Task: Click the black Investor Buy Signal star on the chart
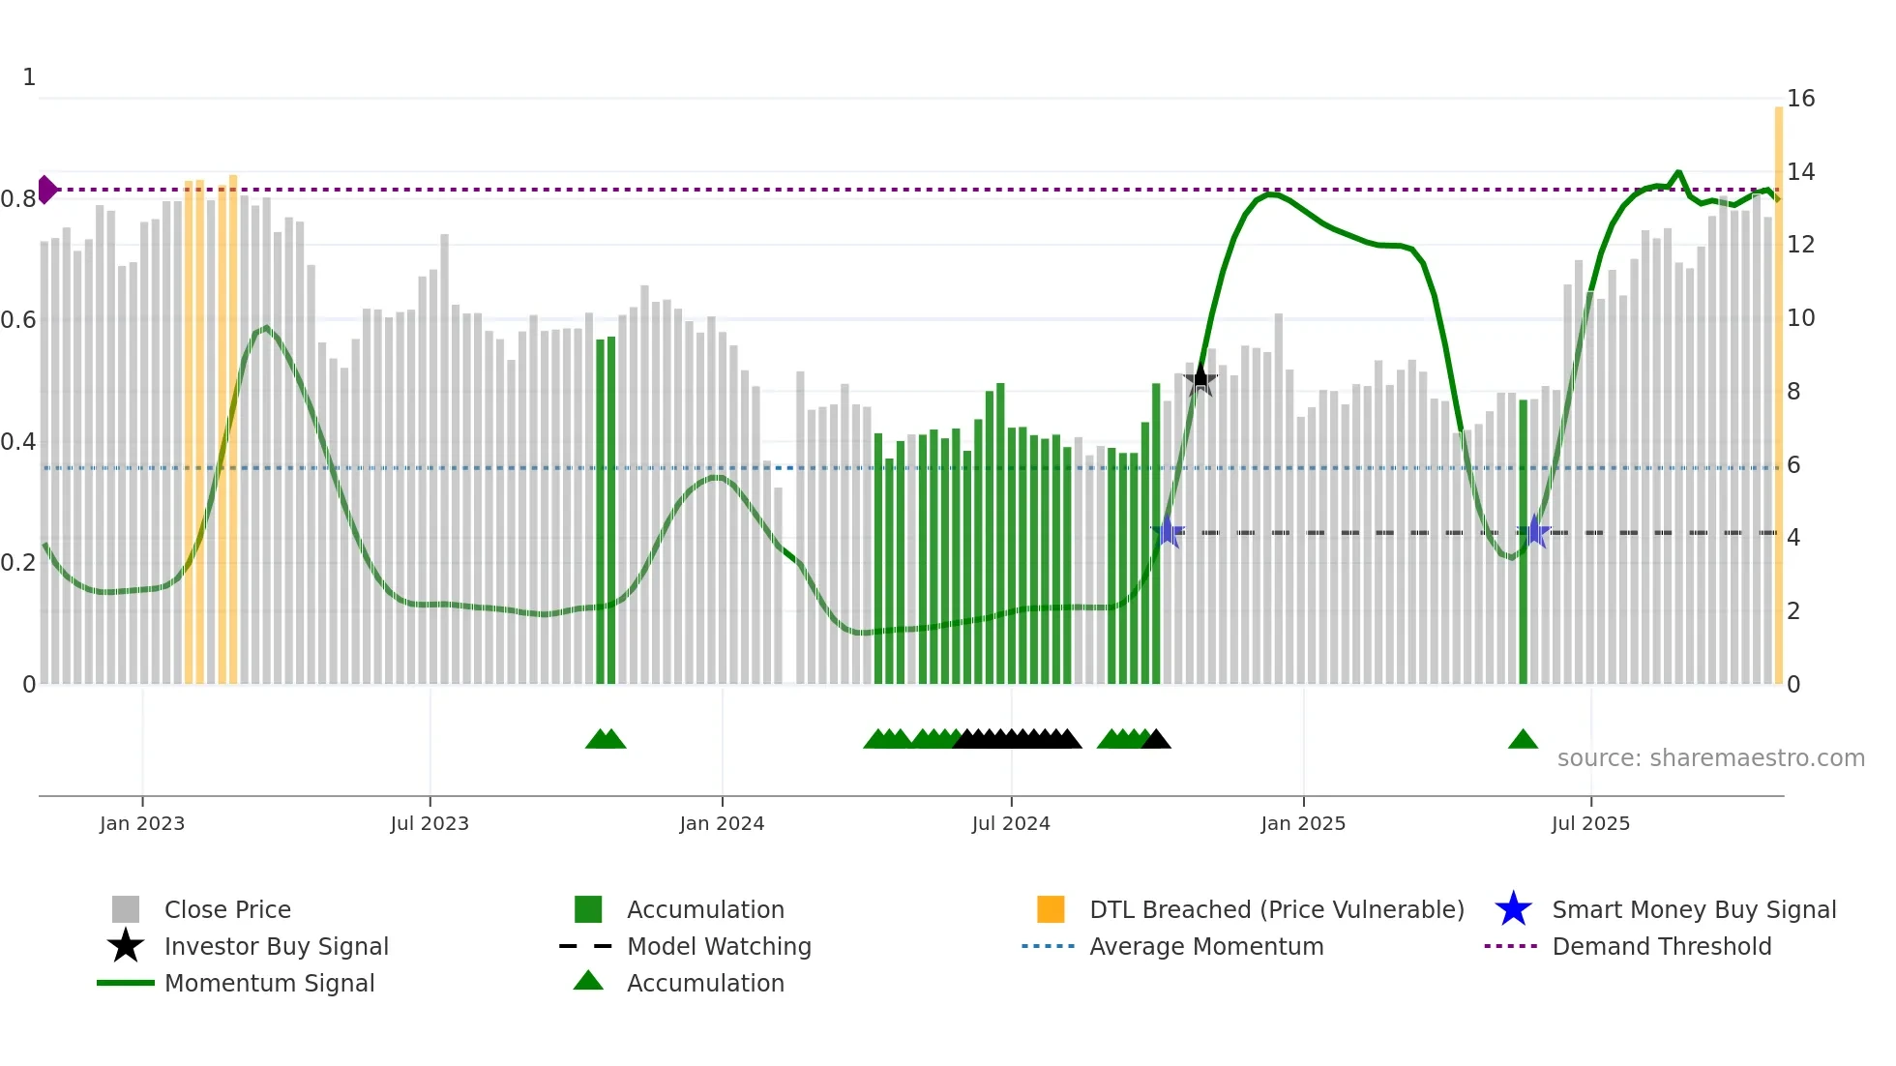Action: [1200, 379]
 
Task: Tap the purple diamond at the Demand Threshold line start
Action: [46, 190]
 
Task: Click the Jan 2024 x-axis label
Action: [722, 823]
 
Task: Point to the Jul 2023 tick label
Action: [430, 823]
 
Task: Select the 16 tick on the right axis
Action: [1800, 99]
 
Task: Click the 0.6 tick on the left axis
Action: [18, 320]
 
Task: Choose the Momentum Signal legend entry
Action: [269, 983]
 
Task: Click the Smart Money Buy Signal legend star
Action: [1513, 909]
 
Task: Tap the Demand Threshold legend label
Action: [1661, 946]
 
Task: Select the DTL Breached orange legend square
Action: [1051, 909]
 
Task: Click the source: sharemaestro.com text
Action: [1710, 757]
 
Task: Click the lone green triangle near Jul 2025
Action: [1523, 740]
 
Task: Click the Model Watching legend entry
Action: [718, 946]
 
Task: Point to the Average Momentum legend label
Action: [1205, 946]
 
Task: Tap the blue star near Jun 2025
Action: [1534, 532]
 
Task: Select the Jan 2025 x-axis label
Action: [1303, 823]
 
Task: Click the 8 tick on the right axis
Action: [1793, 392]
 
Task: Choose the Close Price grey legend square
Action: [126, 909]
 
